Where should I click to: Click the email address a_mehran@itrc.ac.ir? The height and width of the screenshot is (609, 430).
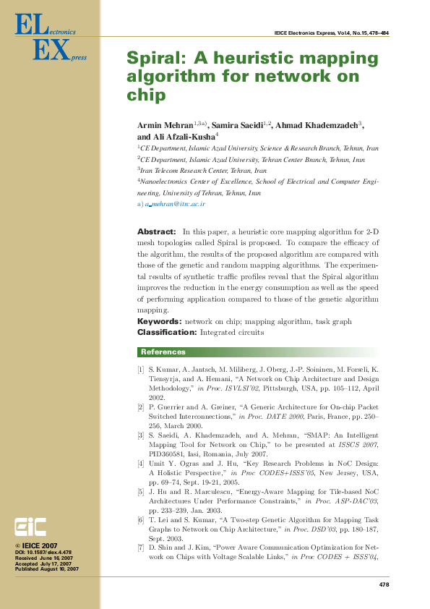click(x=175, y=205)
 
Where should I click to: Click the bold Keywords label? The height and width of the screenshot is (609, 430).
click(x=159, y=321)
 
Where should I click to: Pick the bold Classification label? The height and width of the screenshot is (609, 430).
click(x=167, y=332)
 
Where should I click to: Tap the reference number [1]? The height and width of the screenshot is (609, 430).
click(x=141, y=370)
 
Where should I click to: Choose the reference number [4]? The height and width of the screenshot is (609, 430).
click(x=141, y=462)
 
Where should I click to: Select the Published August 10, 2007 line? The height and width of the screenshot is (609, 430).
click(x=47, y=569)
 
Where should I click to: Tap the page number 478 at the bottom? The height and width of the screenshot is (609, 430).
click(x=384, y=584)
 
